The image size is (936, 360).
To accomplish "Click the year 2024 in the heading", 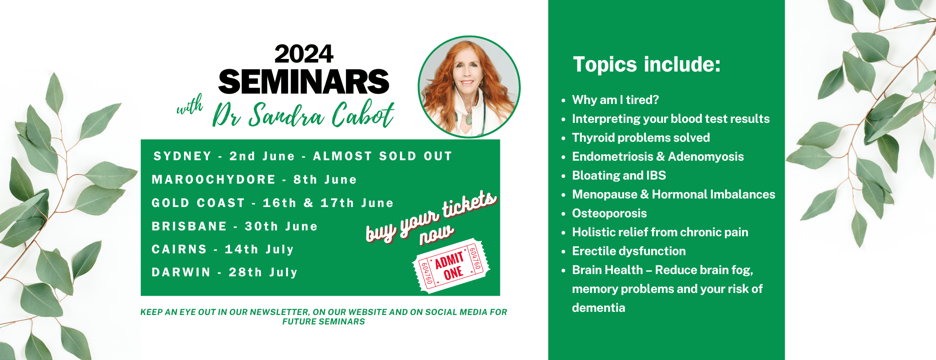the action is point(304,54).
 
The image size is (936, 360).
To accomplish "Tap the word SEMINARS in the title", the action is point(304,81).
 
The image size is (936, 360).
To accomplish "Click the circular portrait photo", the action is point(469,86).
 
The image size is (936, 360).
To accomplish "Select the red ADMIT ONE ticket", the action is point(451,265).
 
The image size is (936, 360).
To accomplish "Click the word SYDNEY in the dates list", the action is point(182,156).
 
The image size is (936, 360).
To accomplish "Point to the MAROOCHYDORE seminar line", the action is point(254,180).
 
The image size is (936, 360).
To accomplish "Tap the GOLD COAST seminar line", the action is point(273,203).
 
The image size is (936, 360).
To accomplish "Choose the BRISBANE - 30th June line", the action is point(234,226).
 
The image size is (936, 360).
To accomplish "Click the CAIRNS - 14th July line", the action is point(223,249).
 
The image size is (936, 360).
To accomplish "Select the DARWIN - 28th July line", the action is point(225,272).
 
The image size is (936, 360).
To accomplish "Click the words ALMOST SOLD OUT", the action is point(382,156).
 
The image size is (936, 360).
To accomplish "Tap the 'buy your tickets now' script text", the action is point(431,218).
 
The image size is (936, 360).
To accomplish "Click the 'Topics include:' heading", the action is point(647,64).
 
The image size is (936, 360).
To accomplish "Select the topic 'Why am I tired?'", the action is point(615,100).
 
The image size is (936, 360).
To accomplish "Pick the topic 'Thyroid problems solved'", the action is point(641,138).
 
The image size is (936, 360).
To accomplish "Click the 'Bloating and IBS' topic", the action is point(619,175).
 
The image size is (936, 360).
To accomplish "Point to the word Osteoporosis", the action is point(609,213).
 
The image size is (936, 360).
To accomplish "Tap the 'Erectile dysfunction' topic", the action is point(629,251).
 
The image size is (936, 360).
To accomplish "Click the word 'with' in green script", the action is point(189,106).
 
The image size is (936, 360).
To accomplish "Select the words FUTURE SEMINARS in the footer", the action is point(324,322).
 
